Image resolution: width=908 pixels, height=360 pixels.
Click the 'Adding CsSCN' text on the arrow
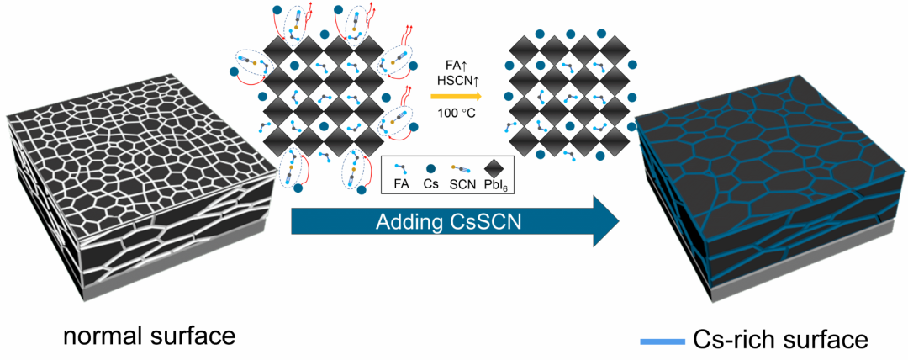tap(437, 223)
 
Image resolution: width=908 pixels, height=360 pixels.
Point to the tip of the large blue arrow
tap(618, 222)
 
